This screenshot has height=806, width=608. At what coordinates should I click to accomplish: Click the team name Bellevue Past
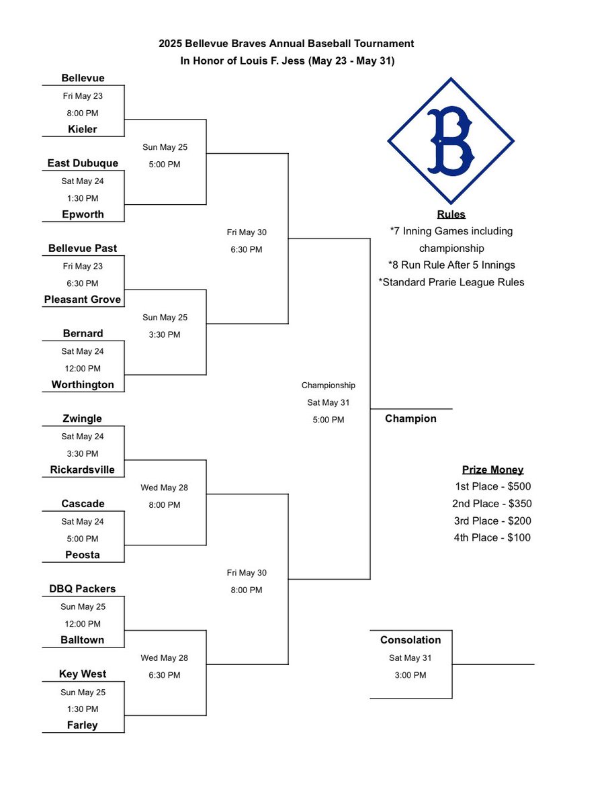click(x=83, y=249)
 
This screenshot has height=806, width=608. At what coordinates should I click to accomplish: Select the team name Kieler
click(x=83, y=129)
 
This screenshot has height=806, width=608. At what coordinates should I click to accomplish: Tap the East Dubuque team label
click(x=83, y=163)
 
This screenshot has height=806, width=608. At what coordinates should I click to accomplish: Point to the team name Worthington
click(x=83, y=385)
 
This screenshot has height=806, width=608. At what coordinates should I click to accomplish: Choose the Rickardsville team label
click(x=83, y=470)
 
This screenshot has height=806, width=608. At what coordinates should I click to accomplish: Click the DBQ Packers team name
click(x=83, y=589)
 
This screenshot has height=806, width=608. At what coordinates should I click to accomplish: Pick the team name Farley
click(x=83, y=725)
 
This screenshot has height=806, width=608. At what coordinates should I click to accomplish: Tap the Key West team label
click(x=83, y=674)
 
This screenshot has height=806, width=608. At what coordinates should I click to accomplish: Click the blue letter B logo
click(x=450, y=141)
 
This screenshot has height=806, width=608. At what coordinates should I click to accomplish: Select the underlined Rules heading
click(x=451, y=215)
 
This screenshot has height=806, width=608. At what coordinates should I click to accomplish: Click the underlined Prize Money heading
click(x=492, y=470)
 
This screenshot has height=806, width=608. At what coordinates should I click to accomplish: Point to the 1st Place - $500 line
click(x=492, y=487)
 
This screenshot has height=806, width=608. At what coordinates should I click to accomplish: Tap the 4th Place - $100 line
click(x=492, y=537)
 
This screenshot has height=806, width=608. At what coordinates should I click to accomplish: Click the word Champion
click(x=410, y=418)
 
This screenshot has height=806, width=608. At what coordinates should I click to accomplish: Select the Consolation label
click(x=410, y=640)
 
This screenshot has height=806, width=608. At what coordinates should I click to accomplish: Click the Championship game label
click(x=328, y=386)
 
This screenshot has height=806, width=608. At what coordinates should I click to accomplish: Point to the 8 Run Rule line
click(x=451, y=265)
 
